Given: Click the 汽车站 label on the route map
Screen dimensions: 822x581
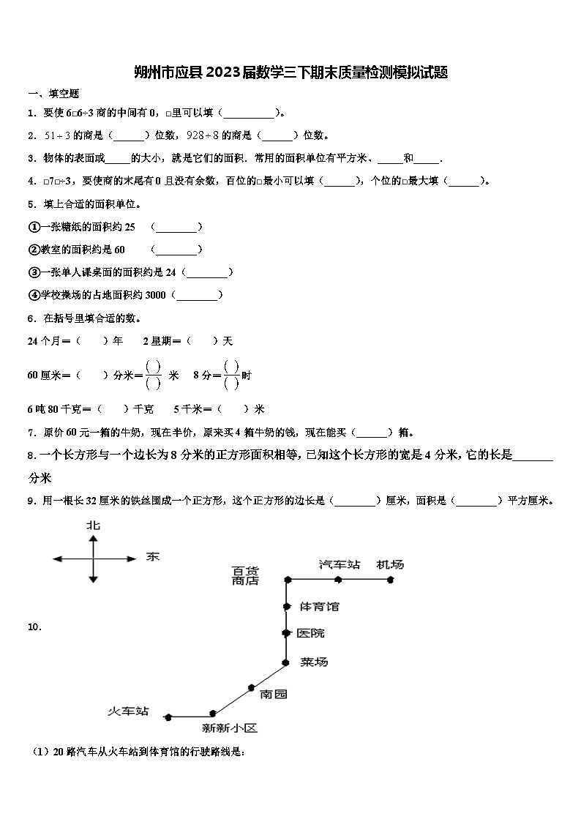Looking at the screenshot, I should point(340,564).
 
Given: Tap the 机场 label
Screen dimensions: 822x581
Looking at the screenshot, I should point(390,564).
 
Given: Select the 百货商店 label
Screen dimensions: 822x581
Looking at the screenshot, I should point(245,575).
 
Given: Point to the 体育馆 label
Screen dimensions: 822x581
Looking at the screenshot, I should point(320,606).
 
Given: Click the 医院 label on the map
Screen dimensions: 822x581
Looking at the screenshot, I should point(311,633).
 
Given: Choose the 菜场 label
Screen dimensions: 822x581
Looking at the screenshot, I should point(314,662).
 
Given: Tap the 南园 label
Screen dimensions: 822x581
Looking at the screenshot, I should point(274,694).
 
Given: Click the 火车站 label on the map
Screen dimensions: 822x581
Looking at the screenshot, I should point(128,711).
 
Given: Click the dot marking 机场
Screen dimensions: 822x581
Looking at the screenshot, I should point(391,579).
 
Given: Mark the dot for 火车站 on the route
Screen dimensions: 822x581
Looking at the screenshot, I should point(168,717).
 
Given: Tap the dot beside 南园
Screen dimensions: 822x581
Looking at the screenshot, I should point(251,687).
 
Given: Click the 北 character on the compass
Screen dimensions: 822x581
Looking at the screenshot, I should point(93,525).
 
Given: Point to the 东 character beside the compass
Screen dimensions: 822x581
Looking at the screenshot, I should point(152,557).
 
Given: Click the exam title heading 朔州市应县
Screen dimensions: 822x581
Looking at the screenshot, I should point(290,72).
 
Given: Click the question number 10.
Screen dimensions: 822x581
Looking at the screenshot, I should point(34,627).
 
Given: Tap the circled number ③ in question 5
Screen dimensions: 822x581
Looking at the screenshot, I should point(33,272).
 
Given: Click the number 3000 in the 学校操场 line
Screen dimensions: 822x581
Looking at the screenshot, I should point(157,295).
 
